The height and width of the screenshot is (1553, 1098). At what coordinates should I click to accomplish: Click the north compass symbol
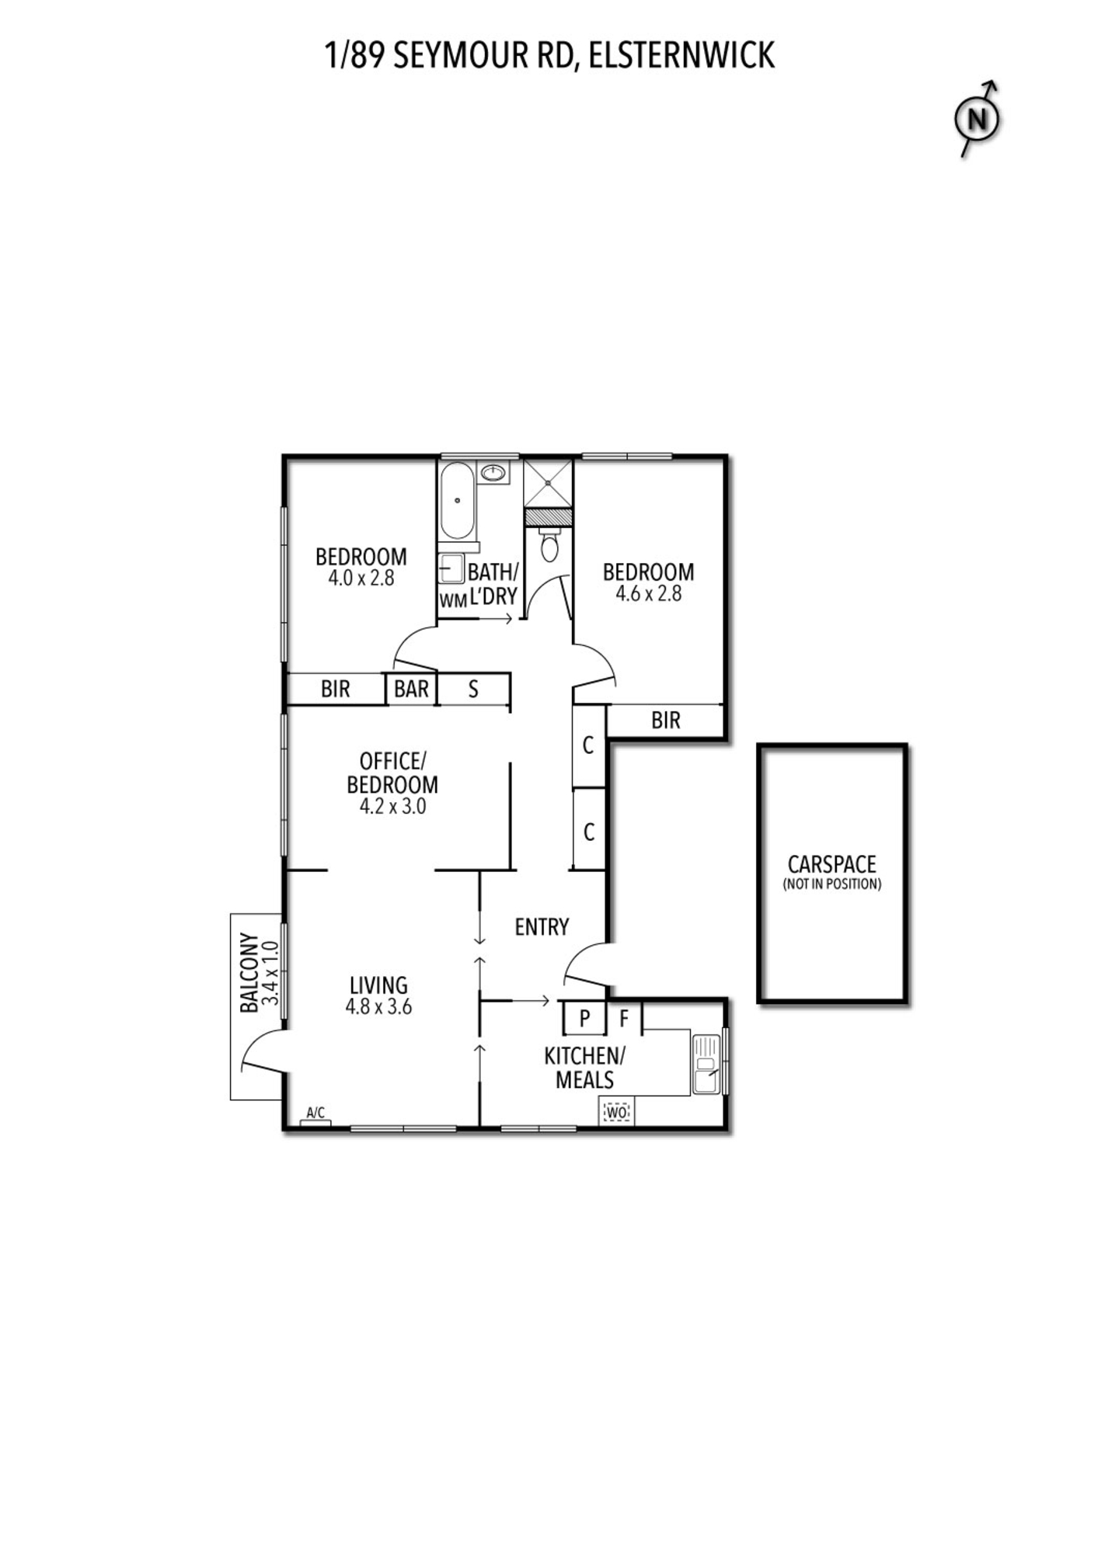[977, 120]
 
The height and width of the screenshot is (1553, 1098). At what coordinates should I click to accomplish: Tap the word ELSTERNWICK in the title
[681, 56]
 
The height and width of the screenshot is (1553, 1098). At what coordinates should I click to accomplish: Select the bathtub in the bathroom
[457, 501]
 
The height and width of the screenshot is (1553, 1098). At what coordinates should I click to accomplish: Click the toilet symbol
[549, 544]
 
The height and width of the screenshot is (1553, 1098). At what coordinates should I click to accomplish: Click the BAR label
[411, 689]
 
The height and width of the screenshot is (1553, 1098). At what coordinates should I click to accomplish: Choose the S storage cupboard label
[473, 689]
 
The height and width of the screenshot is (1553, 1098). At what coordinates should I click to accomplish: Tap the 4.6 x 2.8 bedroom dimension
[649, 594]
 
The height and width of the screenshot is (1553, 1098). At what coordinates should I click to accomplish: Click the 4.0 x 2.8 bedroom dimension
[361, 578]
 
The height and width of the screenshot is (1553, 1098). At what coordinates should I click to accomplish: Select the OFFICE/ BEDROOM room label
[392, 773]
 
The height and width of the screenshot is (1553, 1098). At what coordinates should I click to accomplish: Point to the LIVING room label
[378, 985]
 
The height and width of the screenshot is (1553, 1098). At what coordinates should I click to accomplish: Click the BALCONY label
[249, 972]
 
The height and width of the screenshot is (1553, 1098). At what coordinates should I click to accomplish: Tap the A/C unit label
[315, 1113]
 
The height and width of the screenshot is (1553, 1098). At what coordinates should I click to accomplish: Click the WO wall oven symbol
[617, 1113]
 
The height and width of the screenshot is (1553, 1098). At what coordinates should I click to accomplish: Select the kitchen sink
[706, 1064]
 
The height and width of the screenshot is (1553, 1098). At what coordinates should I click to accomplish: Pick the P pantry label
[585, 1019]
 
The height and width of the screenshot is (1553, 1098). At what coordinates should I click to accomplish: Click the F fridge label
[624, 1019]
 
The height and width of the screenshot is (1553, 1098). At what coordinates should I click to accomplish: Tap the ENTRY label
[542, 926]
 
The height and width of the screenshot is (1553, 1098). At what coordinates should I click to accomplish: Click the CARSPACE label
[831, 864]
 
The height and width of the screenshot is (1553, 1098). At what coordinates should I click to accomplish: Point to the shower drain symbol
[548, 483]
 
